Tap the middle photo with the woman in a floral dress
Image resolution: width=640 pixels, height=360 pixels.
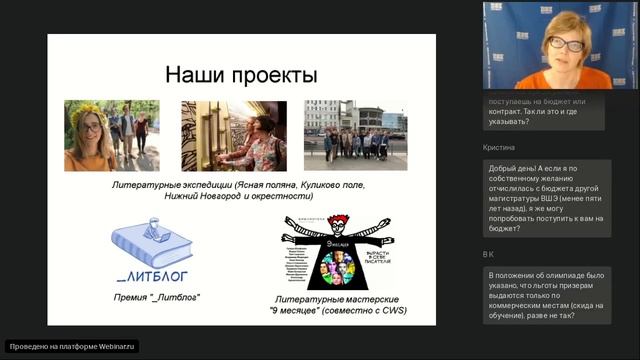(235, 135)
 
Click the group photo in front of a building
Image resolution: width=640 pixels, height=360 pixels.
(355, 135)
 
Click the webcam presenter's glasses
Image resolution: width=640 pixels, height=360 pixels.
(562, 45)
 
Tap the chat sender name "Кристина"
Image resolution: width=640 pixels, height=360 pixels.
(498, 146)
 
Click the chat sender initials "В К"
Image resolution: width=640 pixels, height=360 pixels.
(489, 254)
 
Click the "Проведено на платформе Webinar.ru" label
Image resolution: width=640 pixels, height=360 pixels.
(71, 346)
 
